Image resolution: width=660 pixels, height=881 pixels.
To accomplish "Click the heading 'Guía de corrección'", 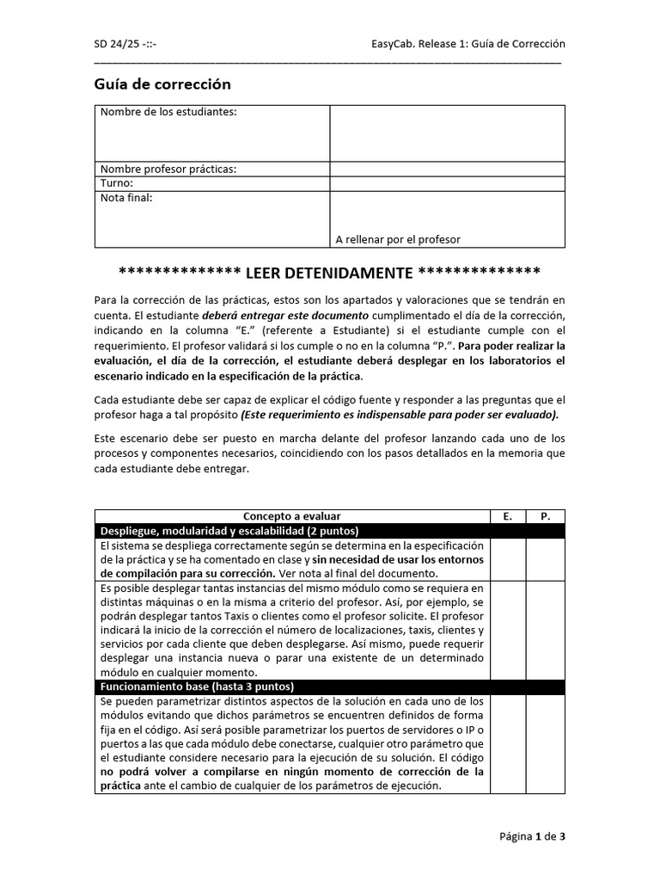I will (x=162, y=84).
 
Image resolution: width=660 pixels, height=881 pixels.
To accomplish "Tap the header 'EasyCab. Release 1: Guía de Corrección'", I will (x=467, y=44).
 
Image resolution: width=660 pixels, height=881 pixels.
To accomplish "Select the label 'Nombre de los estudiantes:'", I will (x=168, y=112).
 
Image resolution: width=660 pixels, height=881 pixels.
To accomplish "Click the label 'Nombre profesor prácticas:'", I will (x=168, y=169).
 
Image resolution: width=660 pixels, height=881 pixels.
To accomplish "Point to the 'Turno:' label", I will (x=117, y=183).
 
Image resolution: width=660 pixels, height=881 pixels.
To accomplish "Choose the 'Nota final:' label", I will (x=126, y=198).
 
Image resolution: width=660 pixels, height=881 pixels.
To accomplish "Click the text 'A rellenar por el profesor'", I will (x=398, y=239).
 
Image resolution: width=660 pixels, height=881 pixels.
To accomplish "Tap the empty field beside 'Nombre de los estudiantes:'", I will (x=447, y=133).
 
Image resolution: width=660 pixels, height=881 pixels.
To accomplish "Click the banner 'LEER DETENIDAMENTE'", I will (x=329, y=273).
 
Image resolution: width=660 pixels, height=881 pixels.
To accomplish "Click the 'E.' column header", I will (x=507, y=516).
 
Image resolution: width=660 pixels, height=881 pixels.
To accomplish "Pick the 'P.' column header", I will (x=545, y=516).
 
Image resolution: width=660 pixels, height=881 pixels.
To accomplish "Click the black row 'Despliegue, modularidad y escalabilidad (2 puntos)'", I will (x=229, y=531).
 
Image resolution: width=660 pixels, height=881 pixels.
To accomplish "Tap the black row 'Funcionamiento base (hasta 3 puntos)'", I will (x=198, y=687).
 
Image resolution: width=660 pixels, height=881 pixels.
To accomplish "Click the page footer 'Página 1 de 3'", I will (x=532, y=835).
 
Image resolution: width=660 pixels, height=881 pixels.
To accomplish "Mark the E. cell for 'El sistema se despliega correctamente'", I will (x=507, y=559).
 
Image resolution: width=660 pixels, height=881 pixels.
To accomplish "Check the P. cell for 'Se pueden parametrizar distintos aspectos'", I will (x=545, y=743).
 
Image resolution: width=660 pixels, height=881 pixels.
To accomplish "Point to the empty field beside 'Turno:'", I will (x=447, y=183).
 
